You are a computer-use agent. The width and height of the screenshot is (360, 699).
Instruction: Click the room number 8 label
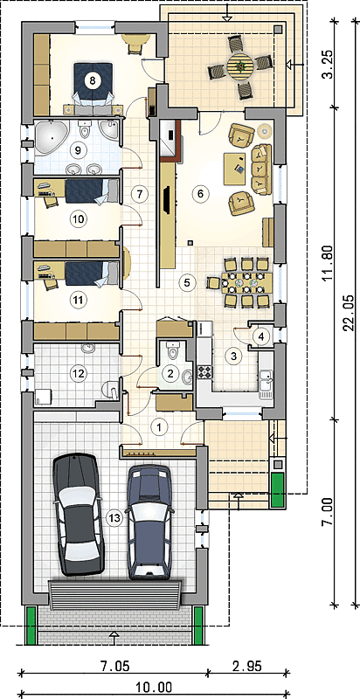(93, 80)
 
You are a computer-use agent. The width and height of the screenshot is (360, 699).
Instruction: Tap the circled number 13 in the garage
(114, 517)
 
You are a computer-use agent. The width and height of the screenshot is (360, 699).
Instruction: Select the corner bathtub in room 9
(52, 138)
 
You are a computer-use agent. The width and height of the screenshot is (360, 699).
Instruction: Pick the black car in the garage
(78, 514)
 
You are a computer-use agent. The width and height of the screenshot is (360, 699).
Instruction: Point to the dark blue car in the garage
(149, 522)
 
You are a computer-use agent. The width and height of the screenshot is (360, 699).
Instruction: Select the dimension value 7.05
(114, 666)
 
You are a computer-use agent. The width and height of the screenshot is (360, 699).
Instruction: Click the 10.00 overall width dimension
(154, 688)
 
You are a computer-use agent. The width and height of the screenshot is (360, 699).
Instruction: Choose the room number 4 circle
(261, 336)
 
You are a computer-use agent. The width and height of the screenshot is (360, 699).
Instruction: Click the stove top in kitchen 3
(205, 371)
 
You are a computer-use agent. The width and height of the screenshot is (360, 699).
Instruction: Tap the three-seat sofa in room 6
(261, 170)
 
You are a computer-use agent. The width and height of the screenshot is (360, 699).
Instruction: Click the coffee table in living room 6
(234, 169)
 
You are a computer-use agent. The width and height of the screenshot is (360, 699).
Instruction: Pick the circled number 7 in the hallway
(139, 194)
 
